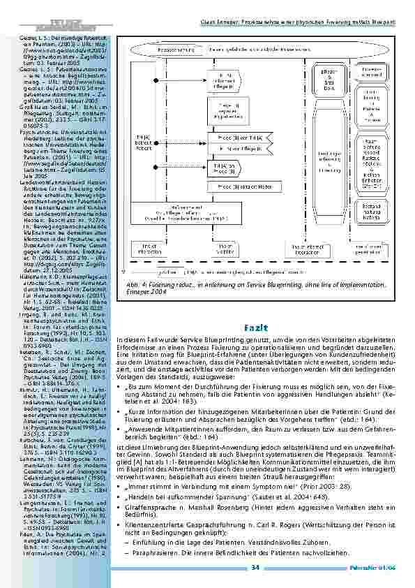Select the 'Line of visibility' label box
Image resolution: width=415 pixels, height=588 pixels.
point(224,249)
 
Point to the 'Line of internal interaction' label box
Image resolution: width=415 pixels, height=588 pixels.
point(291,249)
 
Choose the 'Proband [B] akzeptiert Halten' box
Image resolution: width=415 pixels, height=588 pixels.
point(234,186)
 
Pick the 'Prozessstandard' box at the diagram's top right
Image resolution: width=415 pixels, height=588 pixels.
point(372,71)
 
